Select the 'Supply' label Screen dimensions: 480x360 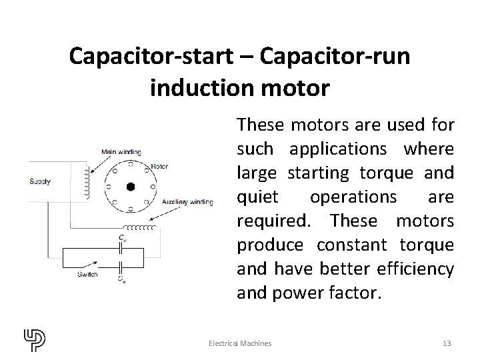40,181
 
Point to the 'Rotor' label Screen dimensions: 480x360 160,166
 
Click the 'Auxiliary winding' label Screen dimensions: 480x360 188,201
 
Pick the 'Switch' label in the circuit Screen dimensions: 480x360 87,273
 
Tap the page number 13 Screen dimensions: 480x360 447,343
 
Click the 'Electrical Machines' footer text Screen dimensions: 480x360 240,343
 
